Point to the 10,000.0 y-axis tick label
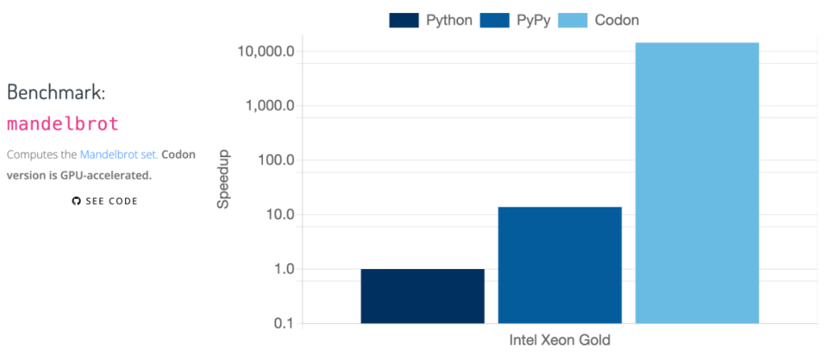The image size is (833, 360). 267,52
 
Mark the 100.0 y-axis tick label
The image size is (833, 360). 275,160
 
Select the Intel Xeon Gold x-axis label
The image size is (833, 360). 559,340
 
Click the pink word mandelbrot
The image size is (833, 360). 62,123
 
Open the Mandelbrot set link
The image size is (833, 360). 119,154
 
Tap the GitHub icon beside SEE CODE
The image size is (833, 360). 76,201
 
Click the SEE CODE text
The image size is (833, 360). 111,201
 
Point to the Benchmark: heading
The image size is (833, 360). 56,92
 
